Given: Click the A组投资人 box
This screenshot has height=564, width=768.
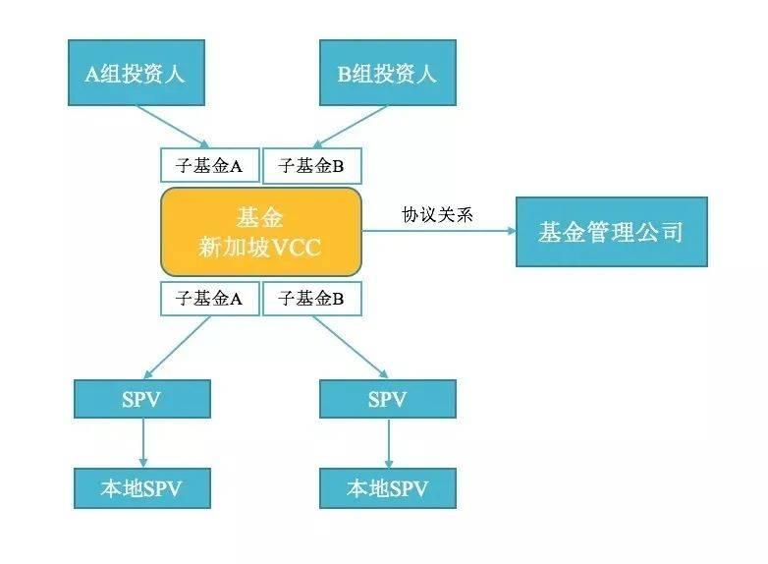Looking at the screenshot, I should (x=135, y=72).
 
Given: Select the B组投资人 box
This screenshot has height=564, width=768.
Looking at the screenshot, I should (x=387, y=72).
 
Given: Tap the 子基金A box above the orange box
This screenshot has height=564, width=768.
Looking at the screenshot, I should (x=209, y=166).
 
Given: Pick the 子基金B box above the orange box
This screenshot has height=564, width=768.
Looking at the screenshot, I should (x=311, y=166).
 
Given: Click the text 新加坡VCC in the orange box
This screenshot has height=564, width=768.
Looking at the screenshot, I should (x=260, y=246).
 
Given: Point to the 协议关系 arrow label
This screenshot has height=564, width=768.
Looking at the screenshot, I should (x=437, y=214).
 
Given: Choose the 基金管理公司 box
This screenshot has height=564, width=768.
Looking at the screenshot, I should (x=611, y=232).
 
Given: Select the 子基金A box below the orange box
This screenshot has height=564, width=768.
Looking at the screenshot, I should (x=209, y=299).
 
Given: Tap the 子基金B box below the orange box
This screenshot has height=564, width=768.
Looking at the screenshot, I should (x=311, y=299).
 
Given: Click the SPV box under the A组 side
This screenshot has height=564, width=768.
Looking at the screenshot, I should (x=142, y=399).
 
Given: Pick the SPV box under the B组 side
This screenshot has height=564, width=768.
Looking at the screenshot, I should (x=387, y=399).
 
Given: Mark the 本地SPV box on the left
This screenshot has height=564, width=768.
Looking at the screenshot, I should (x=142, y=486).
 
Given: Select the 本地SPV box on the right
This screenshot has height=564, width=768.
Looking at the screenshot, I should (x=387, y=486).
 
